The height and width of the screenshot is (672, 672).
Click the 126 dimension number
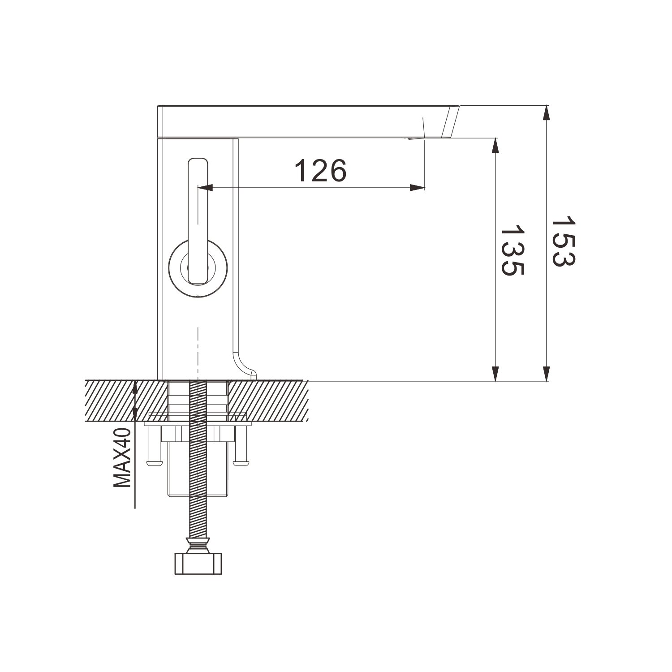pyautogui.click(x=320, y=171)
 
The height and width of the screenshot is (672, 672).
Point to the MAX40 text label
pyautogui.click(x=121, y=457)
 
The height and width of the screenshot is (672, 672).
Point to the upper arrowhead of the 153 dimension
pyautogui.click(x=546, y=113)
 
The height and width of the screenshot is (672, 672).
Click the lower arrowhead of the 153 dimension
pyautogui.click(x=546, y=373)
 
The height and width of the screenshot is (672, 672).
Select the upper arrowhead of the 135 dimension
pyautogui.click(x=495, y=146)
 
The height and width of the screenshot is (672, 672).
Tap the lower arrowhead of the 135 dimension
pyautogui.click(x=495, y=373)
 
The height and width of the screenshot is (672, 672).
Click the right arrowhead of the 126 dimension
pyautogui.click(x=417, y=188)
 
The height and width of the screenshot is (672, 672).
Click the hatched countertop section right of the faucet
pyautogui.click(x=269, y=401)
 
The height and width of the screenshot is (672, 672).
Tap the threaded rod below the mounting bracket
pyautogui.click(x=198, y=515)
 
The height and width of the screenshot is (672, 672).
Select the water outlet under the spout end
pyautogui.click(x=414, y=139)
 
